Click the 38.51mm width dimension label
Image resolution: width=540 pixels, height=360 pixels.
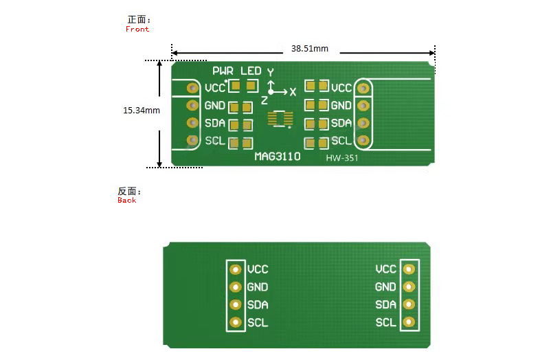310,49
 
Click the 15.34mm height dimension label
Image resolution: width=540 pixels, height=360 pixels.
142,111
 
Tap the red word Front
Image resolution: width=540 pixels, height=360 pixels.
137,30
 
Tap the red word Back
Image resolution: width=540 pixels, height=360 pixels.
126,201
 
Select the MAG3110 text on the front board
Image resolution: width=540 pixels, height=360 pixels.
278,157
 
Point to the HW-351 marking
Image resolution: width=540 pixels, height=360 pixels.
342,158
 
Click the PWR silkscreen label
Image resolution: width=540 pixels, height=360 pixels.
223,71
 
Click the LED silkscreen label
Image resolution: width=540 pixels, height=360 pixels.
251,71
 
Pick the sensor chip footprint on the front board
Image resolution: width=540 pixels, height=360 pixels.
280,119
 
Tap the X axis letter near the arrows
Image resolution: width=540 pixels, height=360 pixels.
293,92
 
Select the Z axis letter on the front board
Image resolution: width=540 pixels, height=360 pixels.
264,100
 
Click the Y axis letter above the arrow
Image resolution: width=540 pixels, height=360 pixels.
271,72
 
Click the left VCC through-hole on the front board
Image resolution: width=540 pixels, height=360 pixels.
192,88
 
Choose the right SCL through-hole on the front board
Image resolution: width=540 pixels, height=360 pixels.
363,141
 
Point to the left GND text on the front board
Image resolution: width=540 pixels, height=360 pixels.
215,105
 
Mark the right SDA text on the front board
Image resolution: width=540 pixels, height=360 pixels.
341,123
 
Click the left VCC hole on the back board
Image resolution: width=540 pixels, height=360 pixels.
236,269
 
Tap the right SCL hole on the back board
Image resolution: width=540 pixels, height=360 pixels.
409,322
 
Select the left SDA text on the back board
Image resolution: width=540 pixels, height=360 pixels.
258,305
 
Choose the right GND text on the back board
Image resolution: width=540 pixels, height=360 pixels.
385,287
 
